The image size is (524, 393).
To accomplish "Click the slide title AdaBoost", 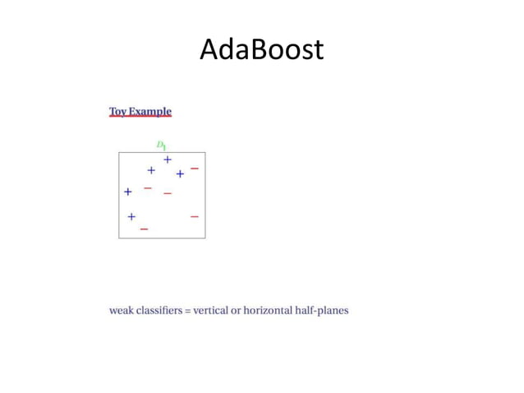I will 261,51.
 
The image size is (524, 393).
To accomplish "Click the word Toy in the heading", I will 117,111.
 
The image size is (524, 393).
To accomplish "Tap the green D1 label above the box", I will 162,145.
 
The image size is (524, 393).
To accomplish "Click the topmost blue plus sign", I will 168,160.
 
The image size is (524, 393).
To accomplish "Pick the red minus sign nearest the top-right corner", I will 195,168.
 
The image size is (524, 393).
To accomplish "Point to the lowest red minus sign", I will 144,229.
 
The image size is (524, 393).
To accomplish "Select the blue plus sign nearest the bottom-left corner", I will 131,216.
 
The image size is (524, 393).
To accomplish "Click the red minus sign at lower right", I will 195,216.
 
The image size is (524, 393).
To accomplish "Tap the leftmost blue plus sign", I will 128,192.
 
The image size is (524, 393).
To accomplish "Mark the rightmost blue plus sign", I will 180,173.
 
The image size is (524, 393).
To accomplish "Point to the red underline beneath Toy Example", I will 140,118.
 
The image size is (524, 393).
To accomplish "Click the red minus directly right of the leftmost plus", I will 148,187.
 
